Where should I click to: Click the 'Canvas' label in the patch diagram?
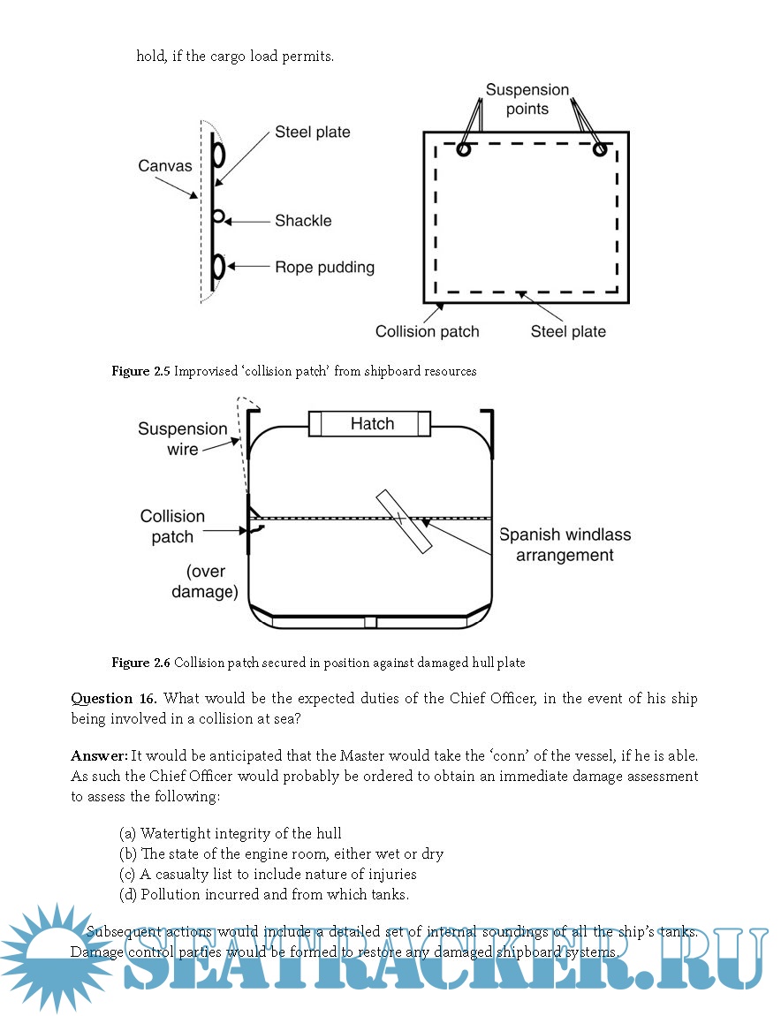point(164,166)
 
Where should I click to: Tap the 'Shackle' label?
point(303,221)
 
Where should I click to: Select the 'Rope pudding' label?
point(324,267)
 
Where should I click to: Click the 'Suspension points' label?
point(527,99)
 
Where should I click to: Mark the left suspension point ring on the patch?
point(463,149)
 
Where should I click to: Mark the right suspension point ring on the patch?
point(600,149)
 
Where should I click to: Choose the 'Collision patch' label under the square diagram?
point(427,331)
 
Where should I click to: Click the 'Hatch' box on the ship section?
point(371,424)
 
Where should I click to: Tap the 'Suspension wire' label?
point(182,439)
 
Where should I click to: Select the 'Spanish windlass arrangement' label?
point(565,545)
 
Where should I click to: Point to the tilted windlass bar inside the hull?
point(403,521)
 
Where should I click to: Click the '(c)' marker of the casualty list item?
point(128,875)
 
